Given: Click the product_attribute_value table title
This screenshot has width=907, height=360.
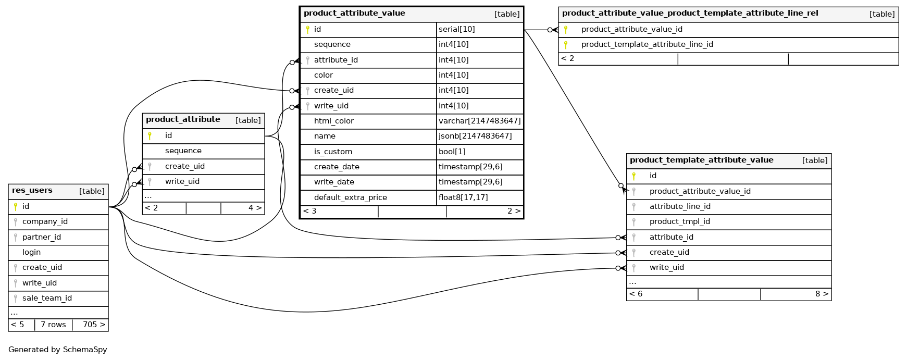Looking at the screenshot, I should (x=354, y=14).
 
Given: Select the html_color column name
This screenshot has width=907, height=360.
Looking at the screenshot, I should (x=333, y=121).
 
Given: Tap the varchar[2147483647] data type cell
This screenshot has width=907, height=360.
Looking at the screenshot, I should (x=479, y=121).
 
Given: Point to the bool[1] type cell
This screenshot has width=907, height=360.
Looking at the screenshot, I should (x=452, y=152).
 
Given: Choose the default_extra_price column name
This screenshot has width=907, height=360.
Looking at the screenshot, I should (x=350, y=197).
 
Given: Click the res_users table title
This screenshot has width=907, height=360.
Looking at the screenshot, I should (x=32, y=191).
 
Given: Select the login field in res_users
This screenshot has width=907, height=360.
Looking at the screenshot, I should (x=31, y=252).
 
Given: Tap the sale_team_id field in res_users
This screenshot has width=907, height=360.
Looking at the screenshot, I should (x=47, y=298).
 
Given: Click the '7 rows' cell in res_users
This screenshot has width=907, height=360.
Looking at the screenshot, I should (x=53, y=325).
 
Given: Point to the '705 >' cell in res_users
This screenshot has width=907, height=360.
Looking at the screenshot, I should (x=94, y=325).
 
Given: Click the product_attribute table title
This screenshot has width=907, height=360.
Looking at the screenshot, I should (x=183, y=120).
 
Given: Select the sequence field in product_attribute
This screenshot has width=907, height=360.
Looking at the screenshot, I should (x=183, y=151).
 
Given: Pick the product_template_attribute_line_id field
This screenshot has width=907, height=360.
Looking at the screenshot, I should (x=647, y=44).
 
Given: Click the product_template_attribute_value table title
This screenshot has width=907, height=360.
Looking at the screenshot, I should (x=701, y=160).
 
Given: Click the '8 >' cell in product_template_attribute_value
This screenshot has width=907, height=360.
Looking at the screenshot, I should (x=822, y=294).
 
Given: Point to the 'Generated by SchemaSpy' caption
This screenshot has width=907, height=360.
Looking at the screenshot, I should (x=57, y=350).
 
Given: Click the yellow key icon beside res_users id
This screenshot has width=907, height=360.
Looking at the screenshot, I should (x=16, y=207).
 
